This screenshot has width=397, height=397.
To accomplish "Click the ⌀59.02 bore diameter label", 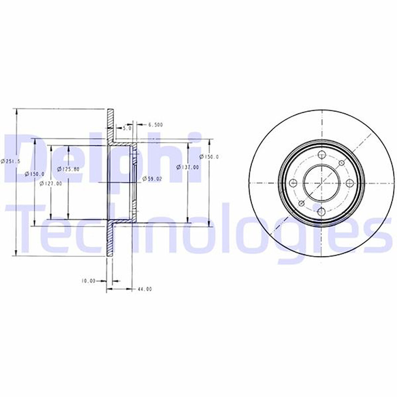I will (x=152, y=179).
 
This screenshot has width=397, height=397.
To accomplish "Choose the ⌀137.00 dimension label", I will (x=189, y=167).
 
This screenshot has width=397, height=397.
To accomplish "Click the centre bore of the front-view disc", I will (x=321, y=183).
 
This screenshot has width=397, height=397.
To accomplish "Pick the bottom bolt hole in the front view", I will (x=322, y=212).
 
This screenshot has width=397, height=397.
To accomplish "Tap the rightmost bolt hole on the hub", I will (x=350, y=183).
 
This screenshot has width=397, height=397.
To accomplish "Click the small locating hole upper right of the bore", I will (x=342, y=163).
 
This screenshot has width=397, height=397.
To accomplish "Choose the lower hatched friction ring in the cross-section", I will (x=110, y=241).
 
